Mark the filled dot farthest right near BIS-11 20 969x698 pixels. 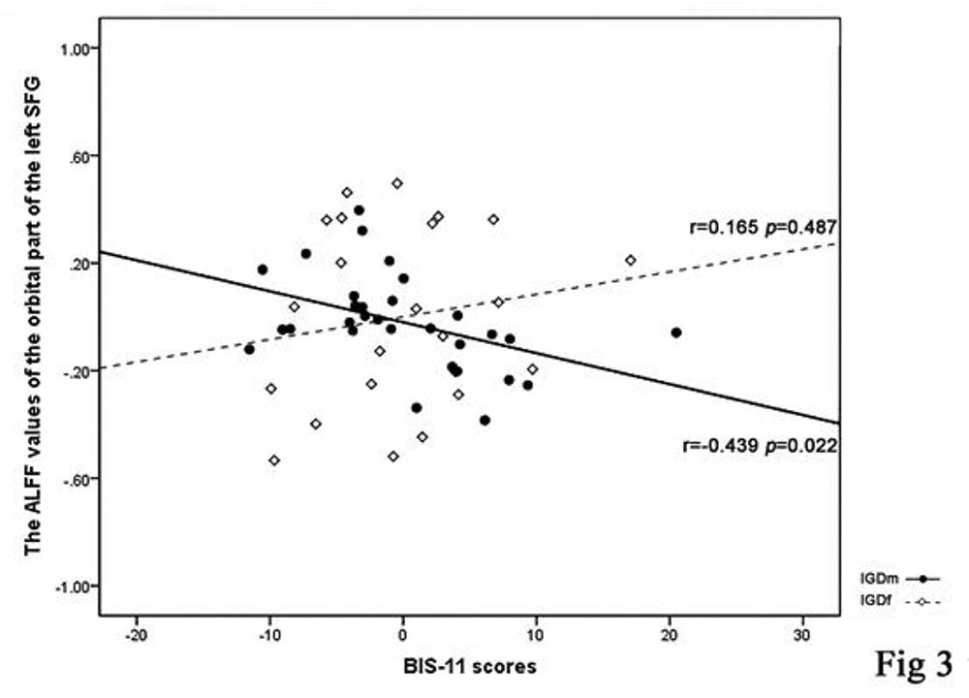[x=676, y=333]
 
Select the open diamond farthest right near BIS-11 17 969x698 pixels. [x=631, y=260]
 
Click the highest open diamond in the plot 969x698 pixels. [x=397, y=183]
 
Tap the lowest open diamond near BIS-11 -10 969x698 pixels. [x=274, y=460]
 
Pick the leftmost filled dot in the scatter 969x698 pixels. [x=249, y=349]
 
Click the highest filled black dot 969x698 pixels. [x=359, y=209]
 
